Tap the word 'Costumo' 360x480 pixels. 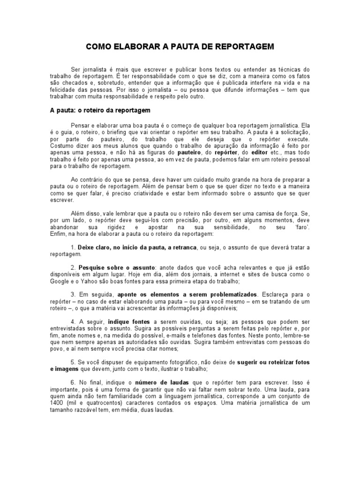[x=61, y=146]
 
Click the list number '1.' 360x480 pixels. [x=74, y=247]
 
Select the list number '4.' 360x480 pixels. [x=74, y=322]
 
